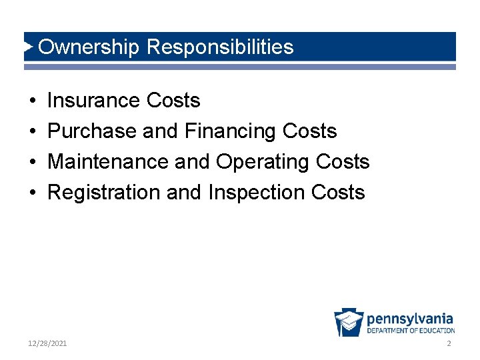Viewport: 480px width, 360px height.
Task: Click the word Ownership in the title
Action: click(x=89, y=47)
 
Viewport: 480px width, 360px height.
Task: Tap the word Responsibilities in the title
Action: click(x=220, y=47)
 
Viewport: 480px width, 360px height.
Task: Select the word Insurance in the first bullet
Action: click(x=93, y=101)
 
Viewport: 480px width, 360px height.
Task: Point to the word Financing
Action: click(x=230, y=131)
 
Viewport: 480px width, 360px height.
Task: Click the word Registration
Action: click(x=104, y=193)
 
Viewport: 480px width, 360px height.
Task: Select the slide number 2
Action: click(x=449, y=343)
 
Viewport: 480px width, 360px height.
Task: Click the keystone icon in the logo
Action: click(x=349, y=323)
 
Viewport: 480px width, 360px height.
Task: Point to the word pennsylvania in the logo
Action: click(x=410, y=318)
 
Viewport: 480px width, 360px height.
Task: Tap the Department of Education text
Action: click(x=411, y=331)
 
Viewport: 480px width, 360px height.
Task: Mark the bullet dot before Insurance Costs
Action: click(x=33, y=101)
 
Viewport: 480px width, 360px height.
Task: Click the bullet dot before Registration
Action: click(x=33, y=193)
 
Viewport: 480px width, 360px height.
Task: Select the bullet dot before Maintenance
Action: click(x=33, y=163)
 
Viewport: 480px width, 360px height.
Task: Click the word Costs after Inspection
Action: click(x=338, y=193)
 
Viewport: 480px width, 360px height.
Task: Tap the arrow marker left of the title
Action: click(x=29, y=47)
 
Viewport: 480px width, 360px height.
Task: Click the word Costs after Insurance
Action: click(x=173, y=101)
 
